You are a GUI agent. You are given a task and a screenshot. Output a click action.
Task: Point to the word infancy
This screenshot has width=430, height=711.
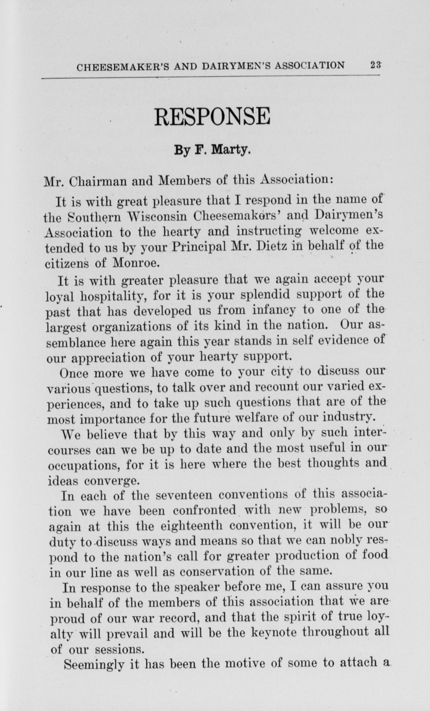(x=274, y=310)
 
